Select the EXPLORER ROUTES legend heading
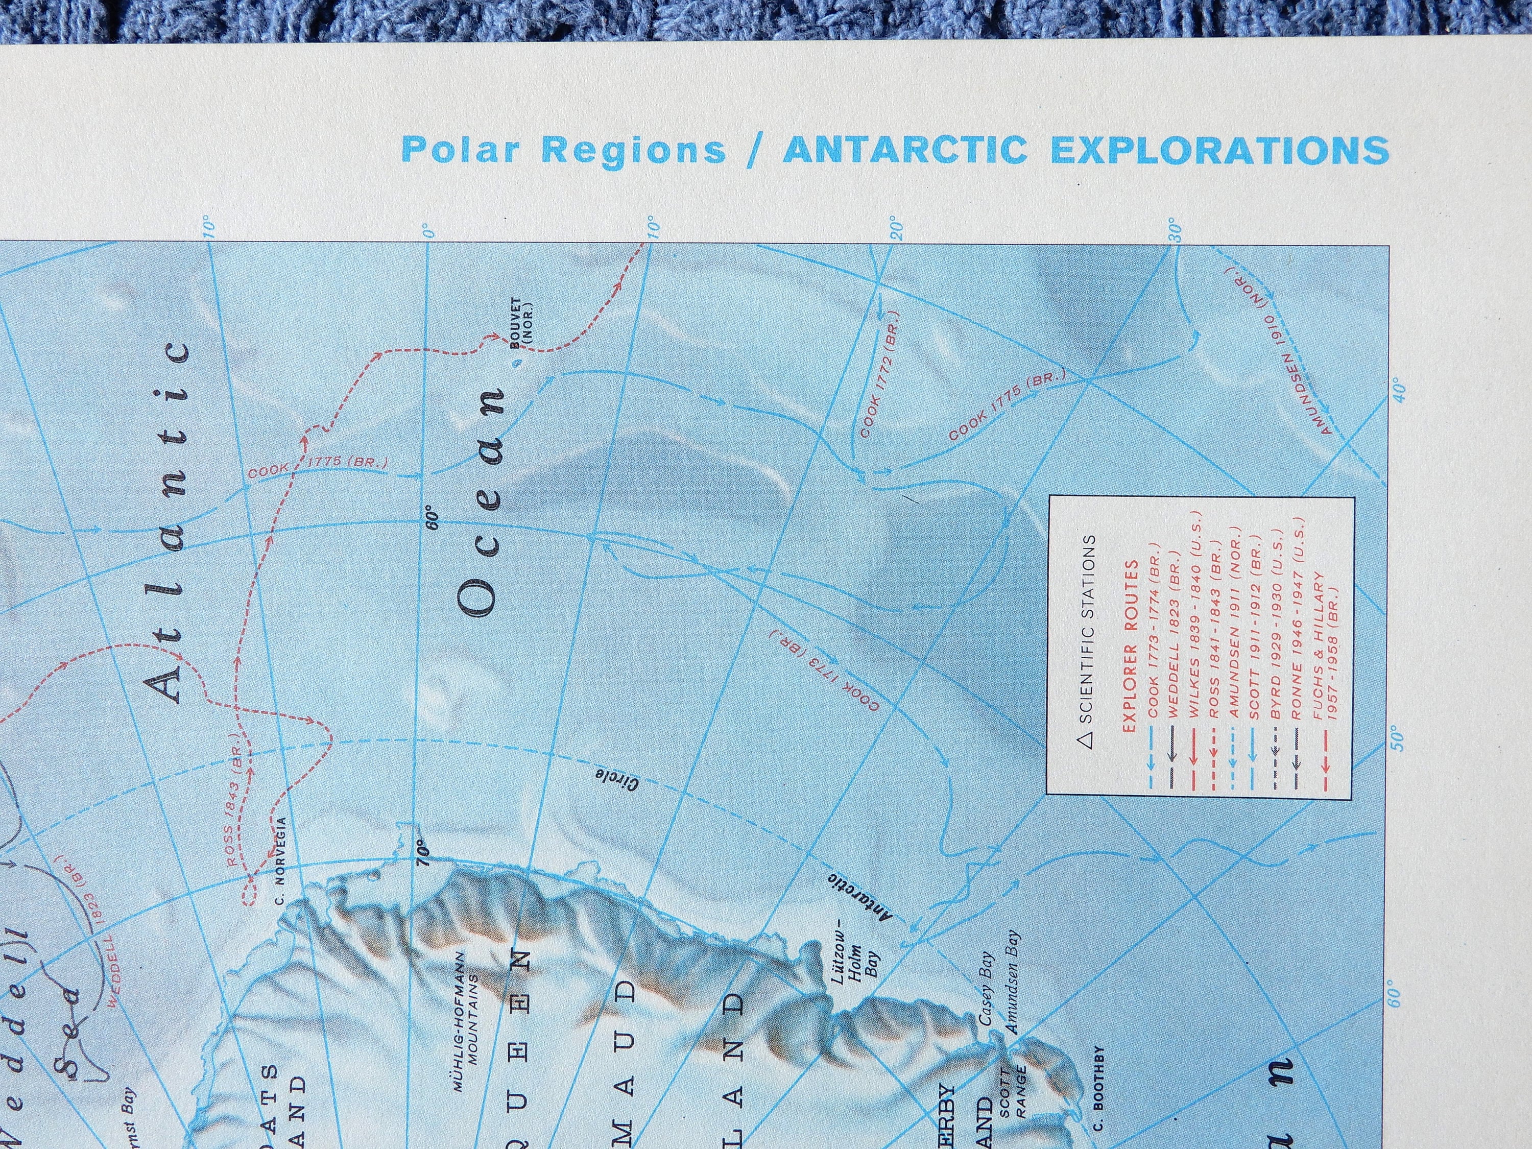(1130, 646)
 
